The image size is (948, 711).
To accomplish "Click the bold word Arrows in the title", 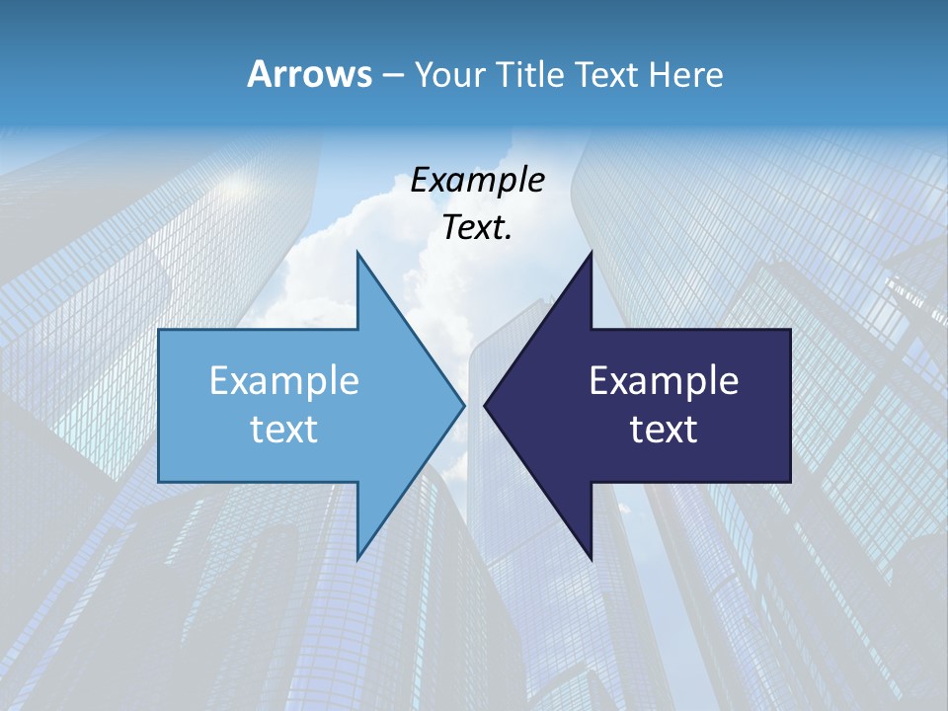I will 309,74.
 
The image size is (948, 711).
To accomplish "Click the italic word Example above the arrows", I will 477,181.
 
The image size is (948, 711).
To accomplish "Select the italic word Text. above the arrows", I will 477,228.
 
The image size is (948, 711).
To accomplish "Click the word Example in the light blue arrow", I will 284,381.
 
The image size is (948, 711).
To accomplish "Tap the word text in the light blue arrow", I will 284,430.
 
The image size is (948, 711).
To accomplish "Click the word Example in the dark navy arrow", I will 664,381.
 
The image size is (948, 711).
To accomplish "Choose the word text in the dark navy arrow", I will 664,430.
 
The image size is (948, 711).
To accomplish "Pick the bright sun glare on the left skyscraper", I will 235,183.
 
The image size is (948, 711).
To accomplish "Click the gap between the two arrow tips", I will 474,405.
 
